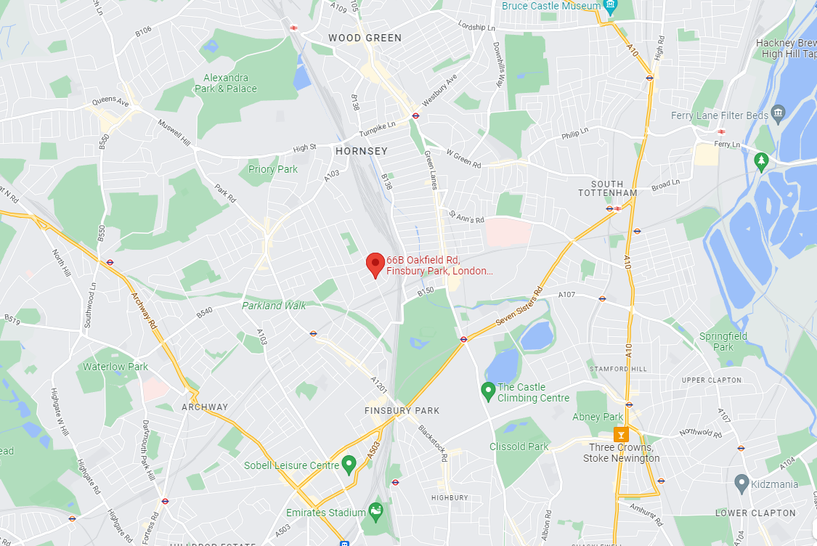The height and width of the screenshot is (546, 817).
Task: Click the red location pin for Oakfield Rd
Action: [x=375, y=264]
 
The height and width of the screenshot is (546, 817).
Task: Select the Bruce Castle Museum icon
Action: [x=611, y=7]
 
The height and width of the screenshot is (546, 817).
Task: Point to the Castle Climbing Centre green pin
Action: [x=488, y=391]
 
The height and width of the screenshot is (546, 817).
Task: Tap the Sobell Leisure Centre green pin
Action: [x=349, y=464]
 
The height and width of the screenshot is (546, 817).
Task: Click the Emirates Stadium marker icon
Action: [x=375, y=511]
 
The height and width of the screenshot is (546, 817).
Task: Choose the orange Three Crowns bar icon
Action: [x=621, y=434]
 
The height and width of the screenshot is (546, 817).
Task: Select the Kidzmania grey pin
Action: [x=741, y=482]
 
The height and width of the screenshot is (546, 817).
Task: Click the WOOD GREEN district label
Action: [x=365, y=38]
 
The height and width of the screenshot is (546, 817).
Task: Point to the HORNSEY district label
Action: [x=362, y=151]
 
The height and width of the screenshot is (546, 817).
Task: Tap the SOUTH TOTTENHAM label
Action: [x=608, y=188]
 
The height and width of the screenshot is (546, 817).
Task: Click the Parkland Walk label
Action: [x=274, y=306]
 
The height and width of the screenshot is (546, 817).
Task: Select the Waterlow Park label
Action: [x=115, y=367]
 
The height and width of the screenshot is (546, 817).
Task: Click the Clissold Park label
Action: [x=519, y=447]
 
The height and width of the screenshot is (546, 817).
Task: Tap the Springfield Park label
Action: [x=723, y=341]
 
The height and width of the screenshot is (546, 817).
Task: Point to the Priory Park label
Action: [x=273, y=169]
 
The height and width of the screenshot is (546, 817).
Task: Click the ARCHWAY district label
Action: [x=205, y=407]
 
